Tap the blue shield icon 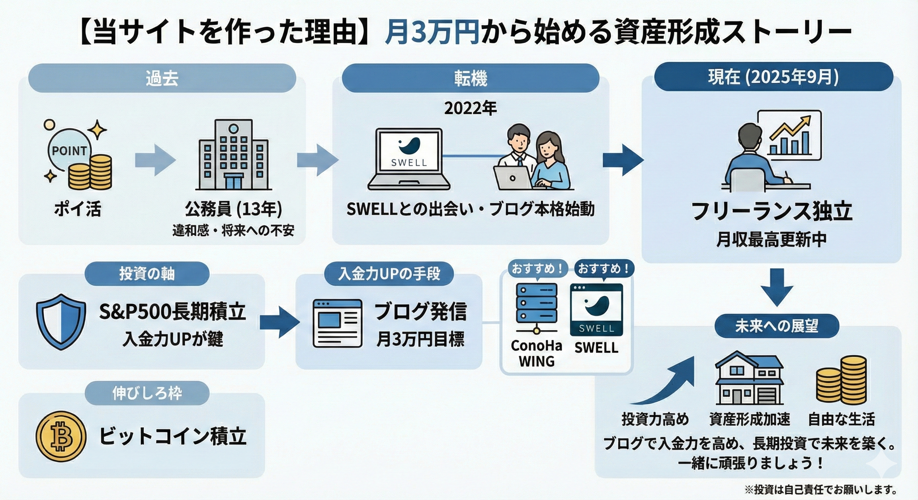click(x=61, y=321)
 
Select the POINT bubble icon click(x=69, y=151)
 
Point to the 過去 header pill click(x=162, y=78)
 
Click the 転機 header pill click(x=470, y=78)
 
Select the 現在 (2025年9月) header click(x=773, y=77)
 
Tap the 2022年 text click(x=470, y=108)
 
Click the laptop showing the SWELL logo click(x=409, y=159)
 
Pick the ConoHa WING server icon click(x=536, y=308)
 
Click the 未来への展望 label click(x=777, y=326)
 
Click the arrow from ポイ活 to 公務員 click(x=155, y=160)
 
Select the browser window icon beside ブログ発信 click(x=337, y=323)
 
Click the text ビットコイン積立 click(x=172, y=436)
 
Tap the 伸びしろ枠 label click(x=147, y=393)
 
